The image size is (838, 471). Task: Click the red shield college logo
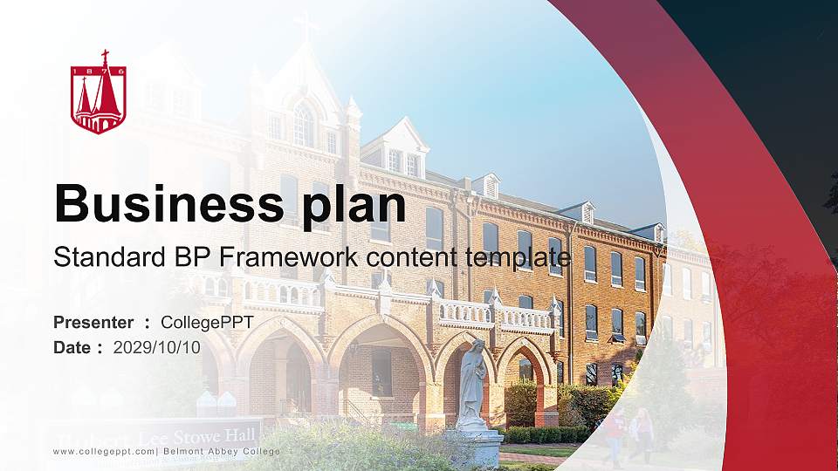pos(99,93)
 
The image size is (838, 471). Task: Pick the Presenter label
pos(93,323)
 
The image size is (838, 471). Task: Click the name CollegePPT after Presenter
pos(207,323)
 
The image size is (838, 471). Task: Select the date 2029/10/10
pos(157,347)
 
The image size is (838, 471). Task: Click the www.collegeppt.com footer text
pos(104,451)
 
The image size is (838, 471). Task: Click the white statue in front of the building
pos(472,384)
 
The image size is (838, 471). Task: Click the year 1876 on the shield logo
pos(99,70)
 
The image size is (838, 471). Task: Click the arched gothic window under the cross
pos(303,125)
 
